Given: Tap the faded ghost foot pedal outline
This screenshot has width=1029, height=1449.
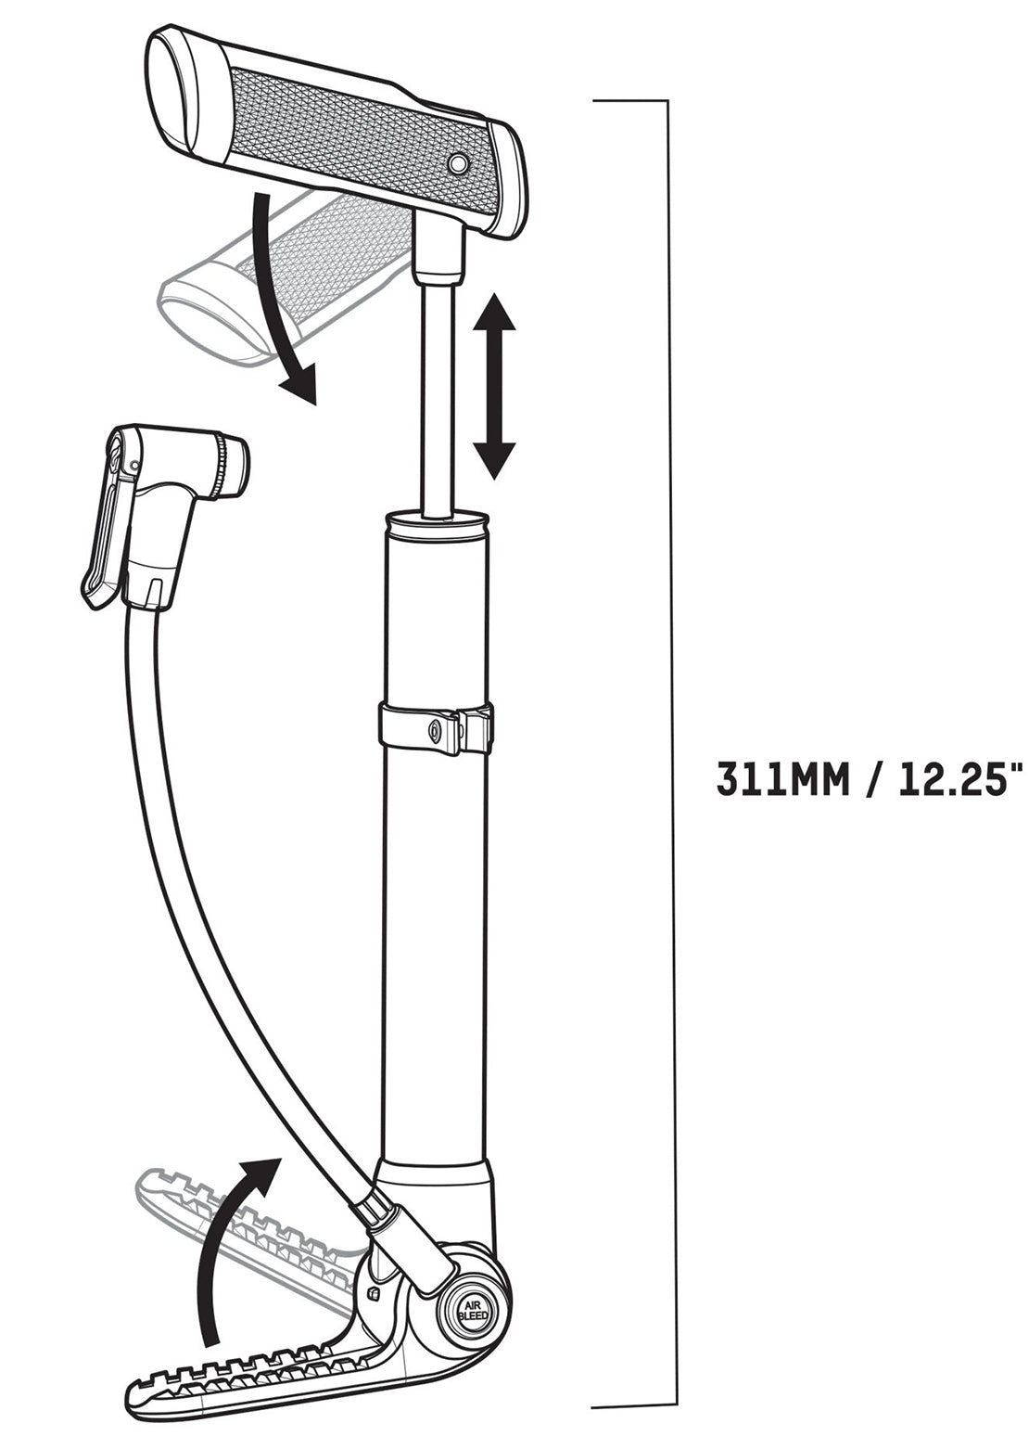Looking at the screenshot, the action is coord(252,1210).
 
